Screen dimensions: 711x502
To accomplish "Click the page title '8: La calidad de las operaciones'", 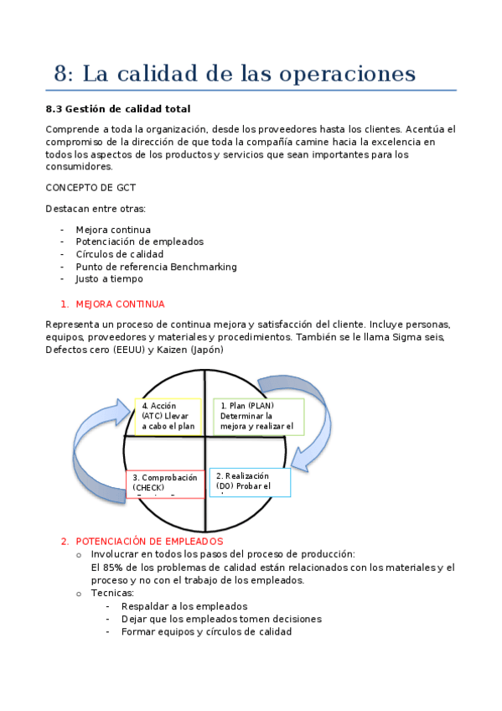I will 235,74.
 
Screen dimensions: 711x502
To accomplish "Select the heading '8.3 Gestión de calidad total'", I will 118,109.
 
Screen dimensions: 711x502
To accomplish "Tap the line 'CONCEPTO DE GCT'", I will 91,187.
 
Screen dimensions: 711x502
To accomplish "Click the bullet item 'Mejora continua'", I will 112,230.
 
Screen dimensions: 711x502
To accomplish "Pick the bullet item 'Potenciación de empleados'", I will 139,241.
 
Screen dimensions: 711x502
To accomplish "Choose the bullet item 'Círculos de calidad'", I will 119,254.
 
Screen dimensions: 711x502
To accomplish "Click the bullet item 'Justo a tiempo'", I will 109,279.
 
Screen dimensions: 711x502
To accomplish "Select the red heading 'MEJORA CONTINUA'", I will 120,304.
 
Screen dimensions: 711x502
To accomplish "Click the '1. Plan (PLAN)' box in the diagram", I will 258,416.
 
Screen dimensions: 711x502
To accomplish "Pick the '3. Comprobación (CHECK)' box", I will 164,484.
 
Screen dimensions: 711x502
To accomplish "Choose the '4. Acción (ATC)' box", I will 168,416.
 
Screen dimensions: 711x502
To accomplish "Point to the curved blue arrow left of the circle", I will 96,453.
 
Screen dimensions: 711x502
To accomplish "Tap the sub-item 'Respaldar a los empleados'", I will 184,606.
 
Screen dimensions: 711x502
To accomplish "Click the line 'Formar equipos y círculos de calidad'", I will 206,631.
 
